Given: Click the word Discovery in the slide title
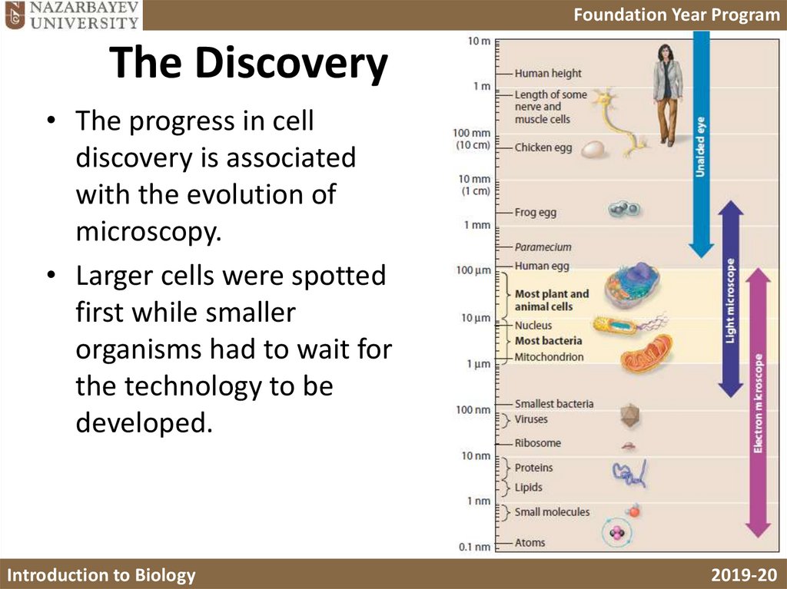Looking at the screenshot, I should point(291,64).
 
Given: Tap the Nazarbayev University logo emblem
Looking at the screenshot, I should point(13,15).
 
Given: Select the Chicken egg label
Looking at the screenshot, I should point(543,147).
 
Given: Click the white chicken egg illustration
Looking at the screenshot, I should point(593,147).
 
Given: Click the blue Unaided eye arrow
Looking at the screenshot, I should point(701,138).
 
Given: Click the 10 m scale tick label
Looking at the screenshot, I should point(479,41).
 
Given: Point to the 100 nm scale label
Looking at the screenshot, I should point(473,409).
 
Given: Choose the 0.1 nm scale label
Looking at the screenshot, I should point(474,547).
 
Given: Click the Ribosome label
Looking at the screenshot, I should point(537,443).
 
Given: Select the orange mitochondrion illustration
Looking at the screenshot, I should point(646,354).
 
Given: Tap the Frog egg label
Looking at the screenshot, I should point(535,213).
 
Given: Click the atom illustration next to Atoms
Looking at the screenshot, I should point(617,534).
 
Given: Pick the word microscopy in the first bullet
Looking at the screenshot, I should point(148,230).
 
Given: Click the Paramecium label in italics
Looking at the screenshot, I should point(543,247).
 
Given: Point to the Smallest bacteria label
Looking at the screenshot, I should point(553,403).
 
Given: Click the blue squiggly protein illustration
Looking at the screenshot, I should point(629,474).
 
